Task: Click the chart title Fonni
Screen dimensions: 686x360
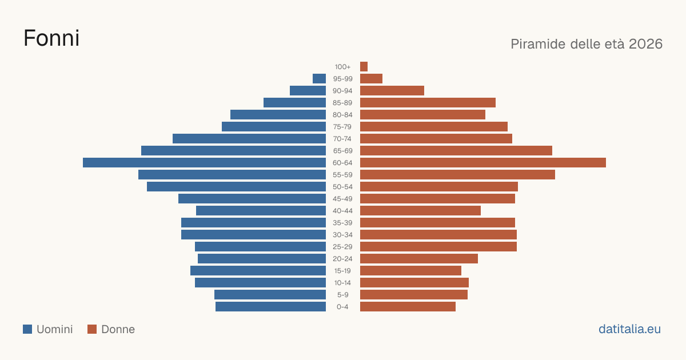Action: (51, 38)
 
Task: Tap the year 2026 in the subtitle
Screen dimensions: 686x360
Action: (645, 44)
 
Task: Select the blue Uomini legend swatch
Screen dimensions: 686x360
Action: (27, 329)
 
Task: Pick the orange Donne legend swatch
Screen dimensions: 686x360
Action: (92, 329)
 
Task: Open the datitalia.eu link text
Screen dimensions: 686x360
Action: (629, 329)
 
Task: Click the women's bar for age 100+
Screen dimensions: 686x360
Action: (364, 66)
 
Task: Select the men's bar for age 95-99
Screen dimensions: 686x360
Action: (319, 79)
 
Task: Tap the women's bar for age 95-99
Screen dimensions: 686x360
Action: (371, 79)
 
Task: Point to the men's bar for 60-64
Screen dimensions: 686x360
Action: (204, 162)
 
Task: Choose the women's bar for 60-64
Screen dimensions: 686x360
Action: (483, 162)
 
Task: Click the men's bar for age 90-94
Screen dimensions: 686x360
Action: (308, 91)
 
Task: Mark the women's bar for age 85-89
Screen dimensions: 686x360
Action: (428, 102)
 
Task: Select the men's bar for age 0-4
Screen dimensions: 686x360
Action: (271, 307)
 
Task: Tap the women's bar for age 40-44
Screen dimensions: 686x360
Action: (421, 211)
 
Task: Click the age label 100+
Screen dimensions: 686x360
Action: (342, 67)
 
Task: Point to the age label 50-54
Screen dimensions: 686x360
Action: (342, 187)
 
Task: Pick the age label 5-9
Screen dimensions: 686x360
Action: (342, 295)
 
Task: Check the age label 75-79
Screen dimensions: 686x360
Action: (342, 127)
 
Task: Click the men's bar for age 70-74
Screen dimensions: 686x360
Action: (249, 139)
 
